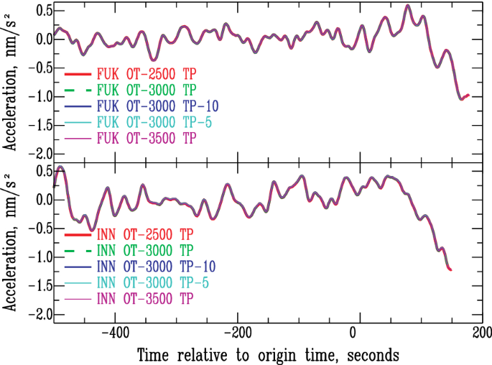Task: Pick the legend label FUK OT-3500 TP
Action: coord(147,137)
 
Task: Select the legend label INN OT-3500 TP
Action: coord(147,297)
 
